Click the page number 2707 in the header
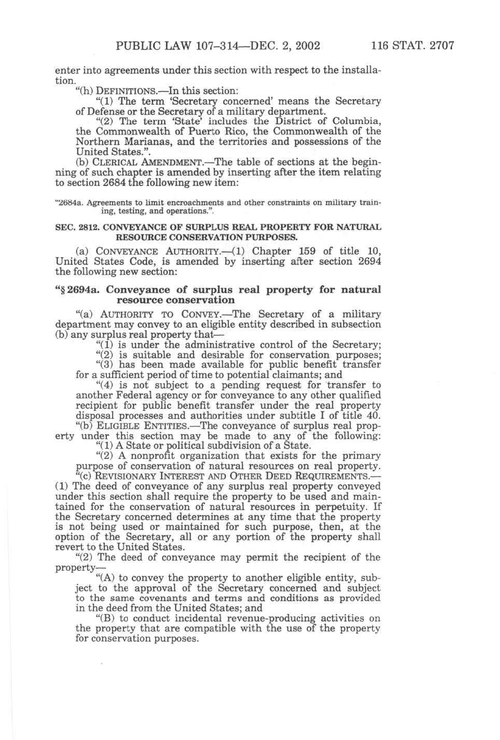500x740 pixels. [x=442, y=45]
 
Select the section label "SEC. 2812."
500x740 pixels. [x=74, y=227]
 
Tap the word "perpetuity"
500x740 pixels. [x=337, y=506]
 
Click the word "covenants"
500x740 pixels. [x=153, y=598]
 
